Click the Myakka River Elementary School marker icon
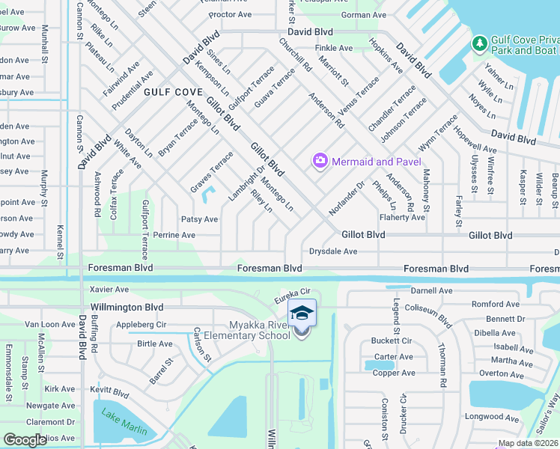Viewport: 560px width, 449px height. click(302, 314)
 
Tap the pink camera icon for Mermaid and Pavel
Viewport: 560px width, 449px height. click(320, 161)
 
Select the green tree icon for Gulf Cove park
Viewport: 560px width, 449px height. click(479, 44)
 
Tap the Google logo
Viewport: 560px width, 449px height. click(25, 439)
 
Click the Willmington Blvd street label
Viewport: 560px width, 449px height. click(126, 307)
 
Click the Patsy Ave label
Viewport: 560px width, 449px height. click(199, 219)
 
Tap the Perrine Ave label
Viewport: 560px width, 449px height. click(174, 235)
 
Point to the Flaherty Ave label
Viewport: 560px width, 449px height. click(401, 217)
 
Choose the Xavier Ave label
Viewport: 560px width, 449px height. click(109, 289)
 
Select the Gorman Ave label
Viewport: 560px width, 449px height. click(363, 15)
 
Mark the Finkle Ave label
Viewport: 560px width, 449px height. click(334, 48)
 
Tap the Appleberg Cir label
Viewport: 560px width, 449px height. click(141, 326)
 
